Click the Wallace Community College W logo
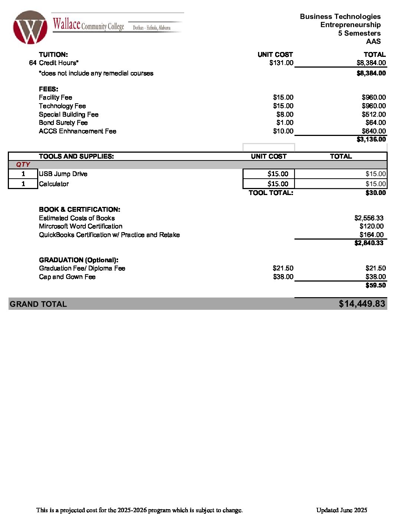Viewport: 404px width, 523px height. pyautogui.click(x=30, y=27)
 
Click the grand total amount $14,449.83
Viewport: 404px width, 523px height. pyautogui.click(x=362, y=304)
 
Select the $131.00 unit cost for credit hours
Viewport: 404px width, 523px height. pyautogui.click(x=281, y=63)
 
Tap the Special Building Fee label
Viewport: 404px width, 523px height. pyautogui.click(x=69, y=114)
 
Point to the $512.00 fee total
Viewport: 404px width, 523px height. pyautogui.click(x=374, y=114)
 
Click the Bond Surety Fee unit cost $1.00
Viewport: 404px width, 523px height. pyautogui.click(x=285, y=123)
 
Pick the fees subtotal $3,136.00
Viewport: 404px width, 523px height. pyautogui.click(x=371, y=139)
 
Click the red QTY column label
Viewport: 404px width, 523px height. pyautogui.click(x=23, y=165)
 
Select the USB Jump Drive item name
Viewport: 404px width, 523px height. pyautogui.click(x=63, y=174)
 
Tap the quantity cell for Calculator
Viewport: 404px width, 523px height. pyautogui.click(x=23, y=184)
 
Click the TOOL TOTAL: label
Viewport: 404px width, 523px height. pyautogui.click(x=271, y=193)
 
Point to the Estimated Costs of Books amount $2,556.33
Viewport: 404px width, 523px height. pyautogui.click(x=369, y=218)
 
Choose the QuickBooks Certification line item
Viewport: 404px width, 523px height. pyautogui.click(x=109, y=235)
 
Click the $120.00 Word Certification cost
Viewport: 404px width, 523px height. pyautogui.click(x=371, y=226)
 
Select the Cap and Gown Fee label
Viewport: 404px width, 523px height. pyautogui.click(x=67, y=277)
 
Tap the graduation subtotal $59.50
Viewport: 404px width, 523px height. pyautogui.click(x=375, y=285)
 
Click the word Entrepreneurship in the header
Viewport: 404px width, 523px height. pyautogui.click(x=350, y=25)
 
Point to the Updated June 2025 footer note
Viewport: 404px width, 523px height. pyautogui.click(x=342, y=510)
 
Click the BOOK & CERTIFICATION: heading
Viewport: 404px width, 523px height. pyautogui.click(x=79, y=209)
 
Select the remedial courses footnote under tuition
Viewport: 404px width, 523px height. pyautogui.click(x=96, y=73)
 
